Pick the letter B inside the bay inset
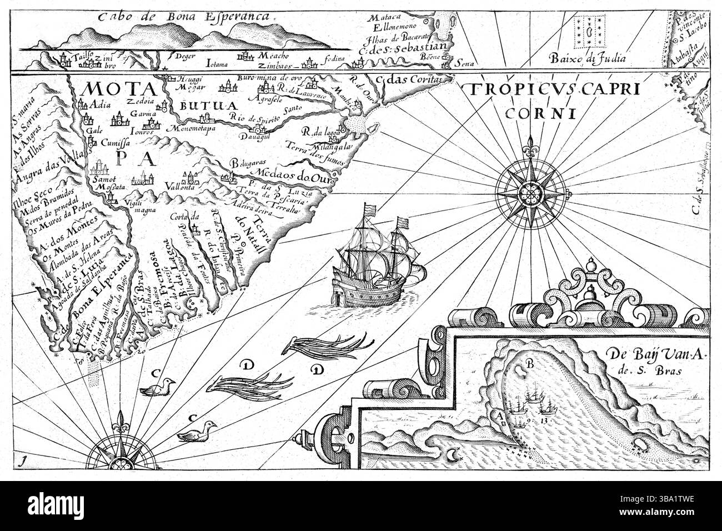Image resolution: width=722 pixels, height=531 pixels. click(530, 365)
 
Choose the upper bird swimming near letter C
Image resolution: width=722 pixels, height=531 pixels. click(159, 388)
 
